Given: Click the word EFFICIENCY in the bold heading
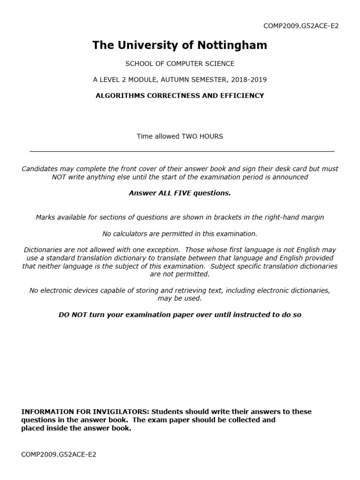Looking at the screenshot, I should [x=241, y=96].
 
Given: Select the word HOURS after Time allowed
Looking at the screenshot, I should [x=211, y=136].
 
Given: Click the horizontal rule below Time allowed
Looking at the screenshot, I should [x=182, y=151].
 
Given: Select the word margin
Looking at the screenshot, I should [x=313, y=217].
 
